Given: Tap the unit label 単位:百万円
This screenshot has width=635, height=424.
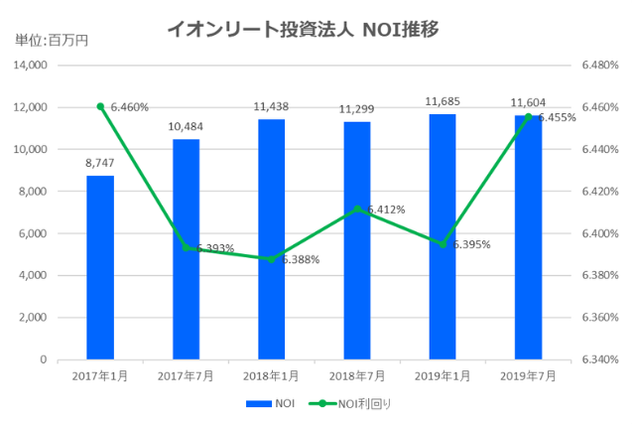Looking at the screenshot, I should [52, 41].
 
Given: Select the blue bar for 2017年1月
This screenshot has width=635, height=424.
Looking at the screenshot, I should [100, 267].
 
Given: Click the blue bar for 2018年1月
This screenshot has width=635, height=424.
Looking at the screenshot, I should [272, 239].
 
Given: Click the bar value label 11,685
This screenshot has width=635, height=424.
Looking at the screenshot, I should [443, 102].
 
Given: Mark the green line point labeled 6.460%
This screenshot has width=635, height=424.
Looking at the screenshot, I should [100, 106].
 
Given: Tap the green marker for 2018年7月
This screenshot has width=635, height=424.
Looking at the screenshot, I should [357, 209].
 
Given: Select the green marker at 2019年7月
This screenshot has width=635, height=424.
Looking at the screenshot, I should [528, 117].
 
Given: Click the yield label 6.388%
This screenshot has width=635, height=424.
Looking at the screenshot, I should [299, 260].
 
